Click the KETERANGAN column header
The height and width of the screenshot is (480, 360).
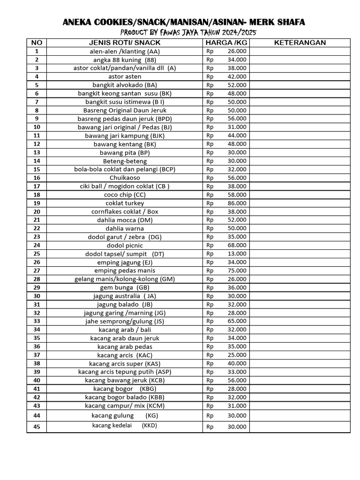click(300, 43)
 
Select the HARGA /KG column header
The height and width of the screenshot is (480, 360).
click(226, 43)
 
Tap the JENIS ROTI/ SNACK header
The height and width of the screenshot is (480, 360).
click(125, 43)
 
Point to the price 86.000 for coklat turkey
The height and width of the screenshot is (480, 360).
click(237, 203)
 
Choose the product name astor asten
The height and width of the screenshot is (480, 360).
click(125, 76)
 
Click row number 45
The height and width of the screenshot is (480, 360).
click(37, 426)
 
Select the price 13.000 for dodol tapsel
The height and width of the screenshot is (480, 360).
click(237, 254)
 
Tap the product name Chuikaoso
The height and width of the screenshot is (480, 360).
click(125, 178)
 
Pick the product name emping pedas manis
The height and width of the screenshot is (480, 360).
click(125, 270)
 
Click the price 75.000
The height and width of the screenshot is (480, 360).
click(237, 270)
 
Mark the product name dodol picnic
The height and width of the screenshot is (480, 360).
click(125, 245)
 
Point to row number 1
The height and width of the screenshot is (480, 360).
click(37, 51)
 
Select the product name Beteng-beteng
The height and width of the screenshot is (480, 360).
click(125, 161)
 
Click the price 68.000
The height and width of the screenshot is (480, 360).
click(237, 245)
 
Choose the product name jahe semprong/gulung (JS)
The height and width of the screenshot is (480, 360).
click(125, 321)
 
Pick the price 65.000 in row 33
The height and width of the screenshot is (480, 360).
click(237, 321)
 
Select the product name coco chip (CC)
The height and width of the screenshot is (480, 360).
click(125, 195)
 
